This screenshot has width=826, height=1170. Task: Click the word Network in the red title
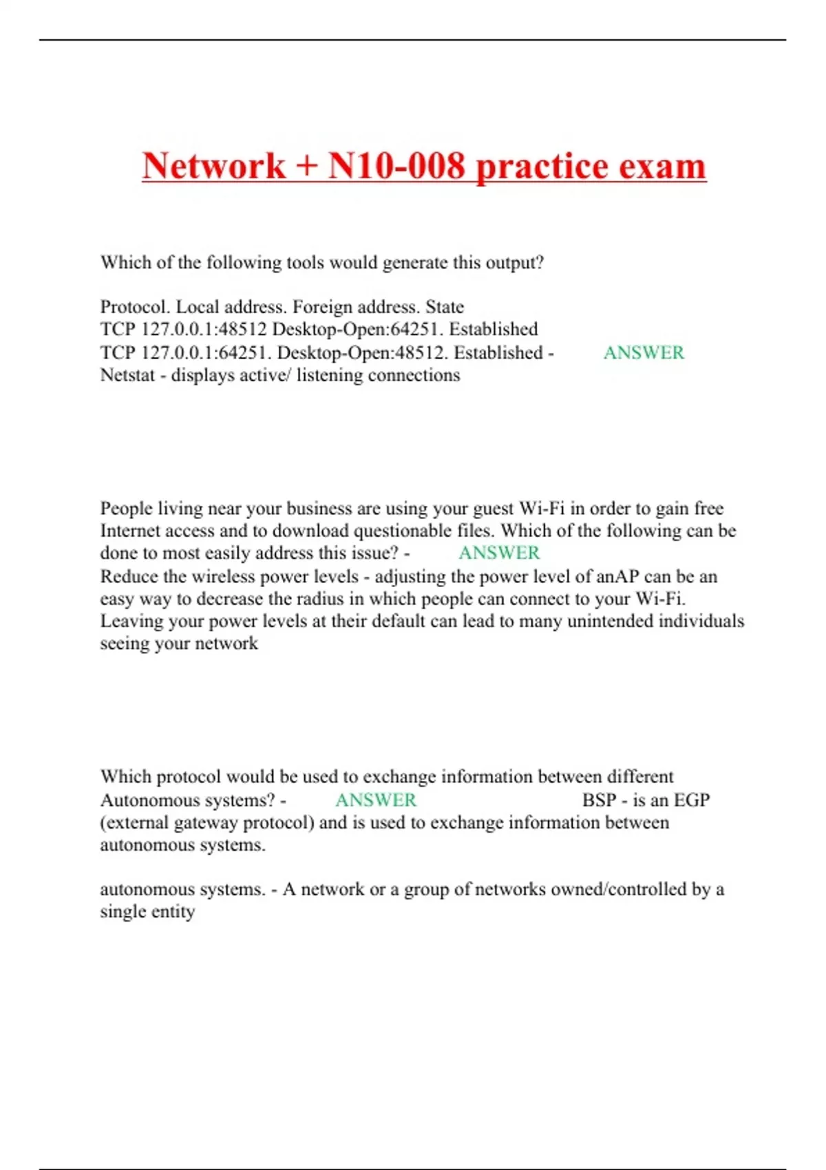[213, 166]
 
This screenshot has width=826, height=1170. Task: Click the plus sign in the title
[306, 167]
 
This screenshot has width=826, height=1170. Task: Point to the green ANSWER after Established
[644, 352]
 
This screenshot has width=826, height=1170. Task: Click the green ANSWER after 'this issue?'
[499, 553]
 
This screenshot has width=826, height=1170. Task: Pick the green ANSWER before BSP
[376, 800]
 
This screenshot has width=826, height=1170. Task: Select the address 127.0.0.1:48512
[204, 330]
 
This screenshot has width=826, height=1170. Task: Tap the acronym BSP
[599, 800]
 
